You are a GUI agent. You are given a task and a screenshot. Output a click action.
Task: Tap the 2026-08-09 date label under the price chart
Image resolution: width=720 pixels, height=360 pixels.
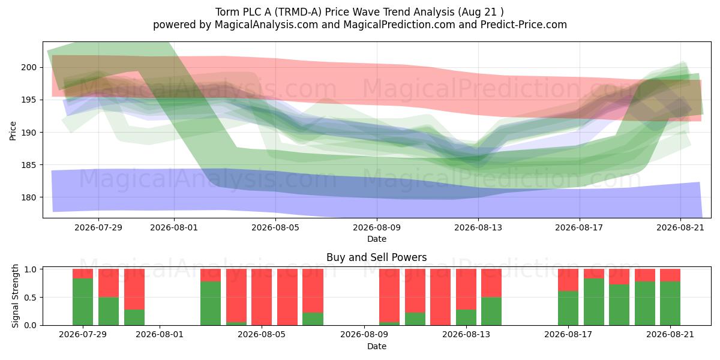pyautogui.click(x=377, y=227)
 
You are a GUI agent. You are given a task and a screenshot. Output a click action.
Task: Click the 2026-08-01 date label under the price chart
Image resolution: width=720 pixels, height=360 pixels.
pyautogui.click(x=174, y=227)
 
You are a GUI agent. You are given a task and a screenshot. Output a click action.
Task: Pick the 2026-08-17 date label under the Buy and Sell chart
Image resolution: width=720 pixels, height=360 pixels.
pyautogui.click(x=568, y=334)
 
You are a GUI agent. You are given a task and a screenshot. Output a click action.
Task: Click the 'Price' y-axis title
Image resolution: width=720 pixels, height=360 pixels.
pyautogui.click(x=13, y=131)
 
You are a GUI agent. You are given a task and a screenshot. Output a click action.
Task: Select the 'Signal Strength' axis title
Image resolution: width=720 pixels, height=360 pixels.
pyautogui.click(x=15, y=296)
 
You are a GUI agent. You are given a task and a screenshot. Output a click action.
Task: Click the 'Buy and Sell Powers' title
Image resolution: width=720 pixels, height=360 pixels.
pyautogui.click(x=376, y=257)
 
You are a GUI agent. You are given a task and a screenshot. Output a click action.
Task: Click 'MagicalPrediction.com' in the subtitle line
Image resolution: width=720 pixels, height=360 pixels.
pyautogui.click(x=399, y=25)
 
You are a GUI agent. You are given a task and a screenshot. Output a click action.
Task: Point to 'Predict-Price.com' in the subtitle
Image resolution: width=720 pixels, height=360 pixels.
pyautogui.click(x=524, y=25)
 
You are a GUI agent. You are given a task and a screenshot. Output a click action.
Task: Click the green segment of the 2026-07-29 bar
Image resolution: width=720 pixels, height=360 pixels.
pyautogui.click(x=83, y=302)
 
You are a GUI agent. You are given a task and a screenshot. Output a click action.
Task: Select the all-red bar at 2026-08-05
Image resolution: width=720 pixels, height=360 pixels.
pyautogui.click(x=262, y=297)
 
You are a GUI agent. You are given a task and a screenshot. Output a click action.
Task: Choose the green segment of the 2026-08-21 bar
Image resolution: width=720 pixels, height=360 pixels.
pyautogui.click(x=670, y=304)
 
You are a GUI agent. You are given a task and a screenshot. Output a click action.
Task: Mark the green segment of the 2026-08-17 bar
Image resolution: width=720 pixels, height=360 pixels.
pyautogui.click(x=568, y=308)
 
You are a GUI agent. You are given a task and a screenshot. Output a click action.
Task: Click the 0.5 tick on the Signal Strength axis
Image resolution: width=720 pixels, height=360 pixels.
pyautogui.click(x=31, y=298)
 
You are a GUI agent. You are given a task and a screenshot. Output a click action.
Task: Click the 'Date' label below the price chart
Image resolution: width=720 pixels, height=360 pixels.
pyautogui.click(x=377, y=239)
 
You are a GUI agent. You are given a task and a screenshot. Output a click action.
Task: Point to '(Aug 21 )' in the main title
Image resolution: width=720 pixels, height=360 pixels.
pyautogui.click(x=481, y=12)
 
